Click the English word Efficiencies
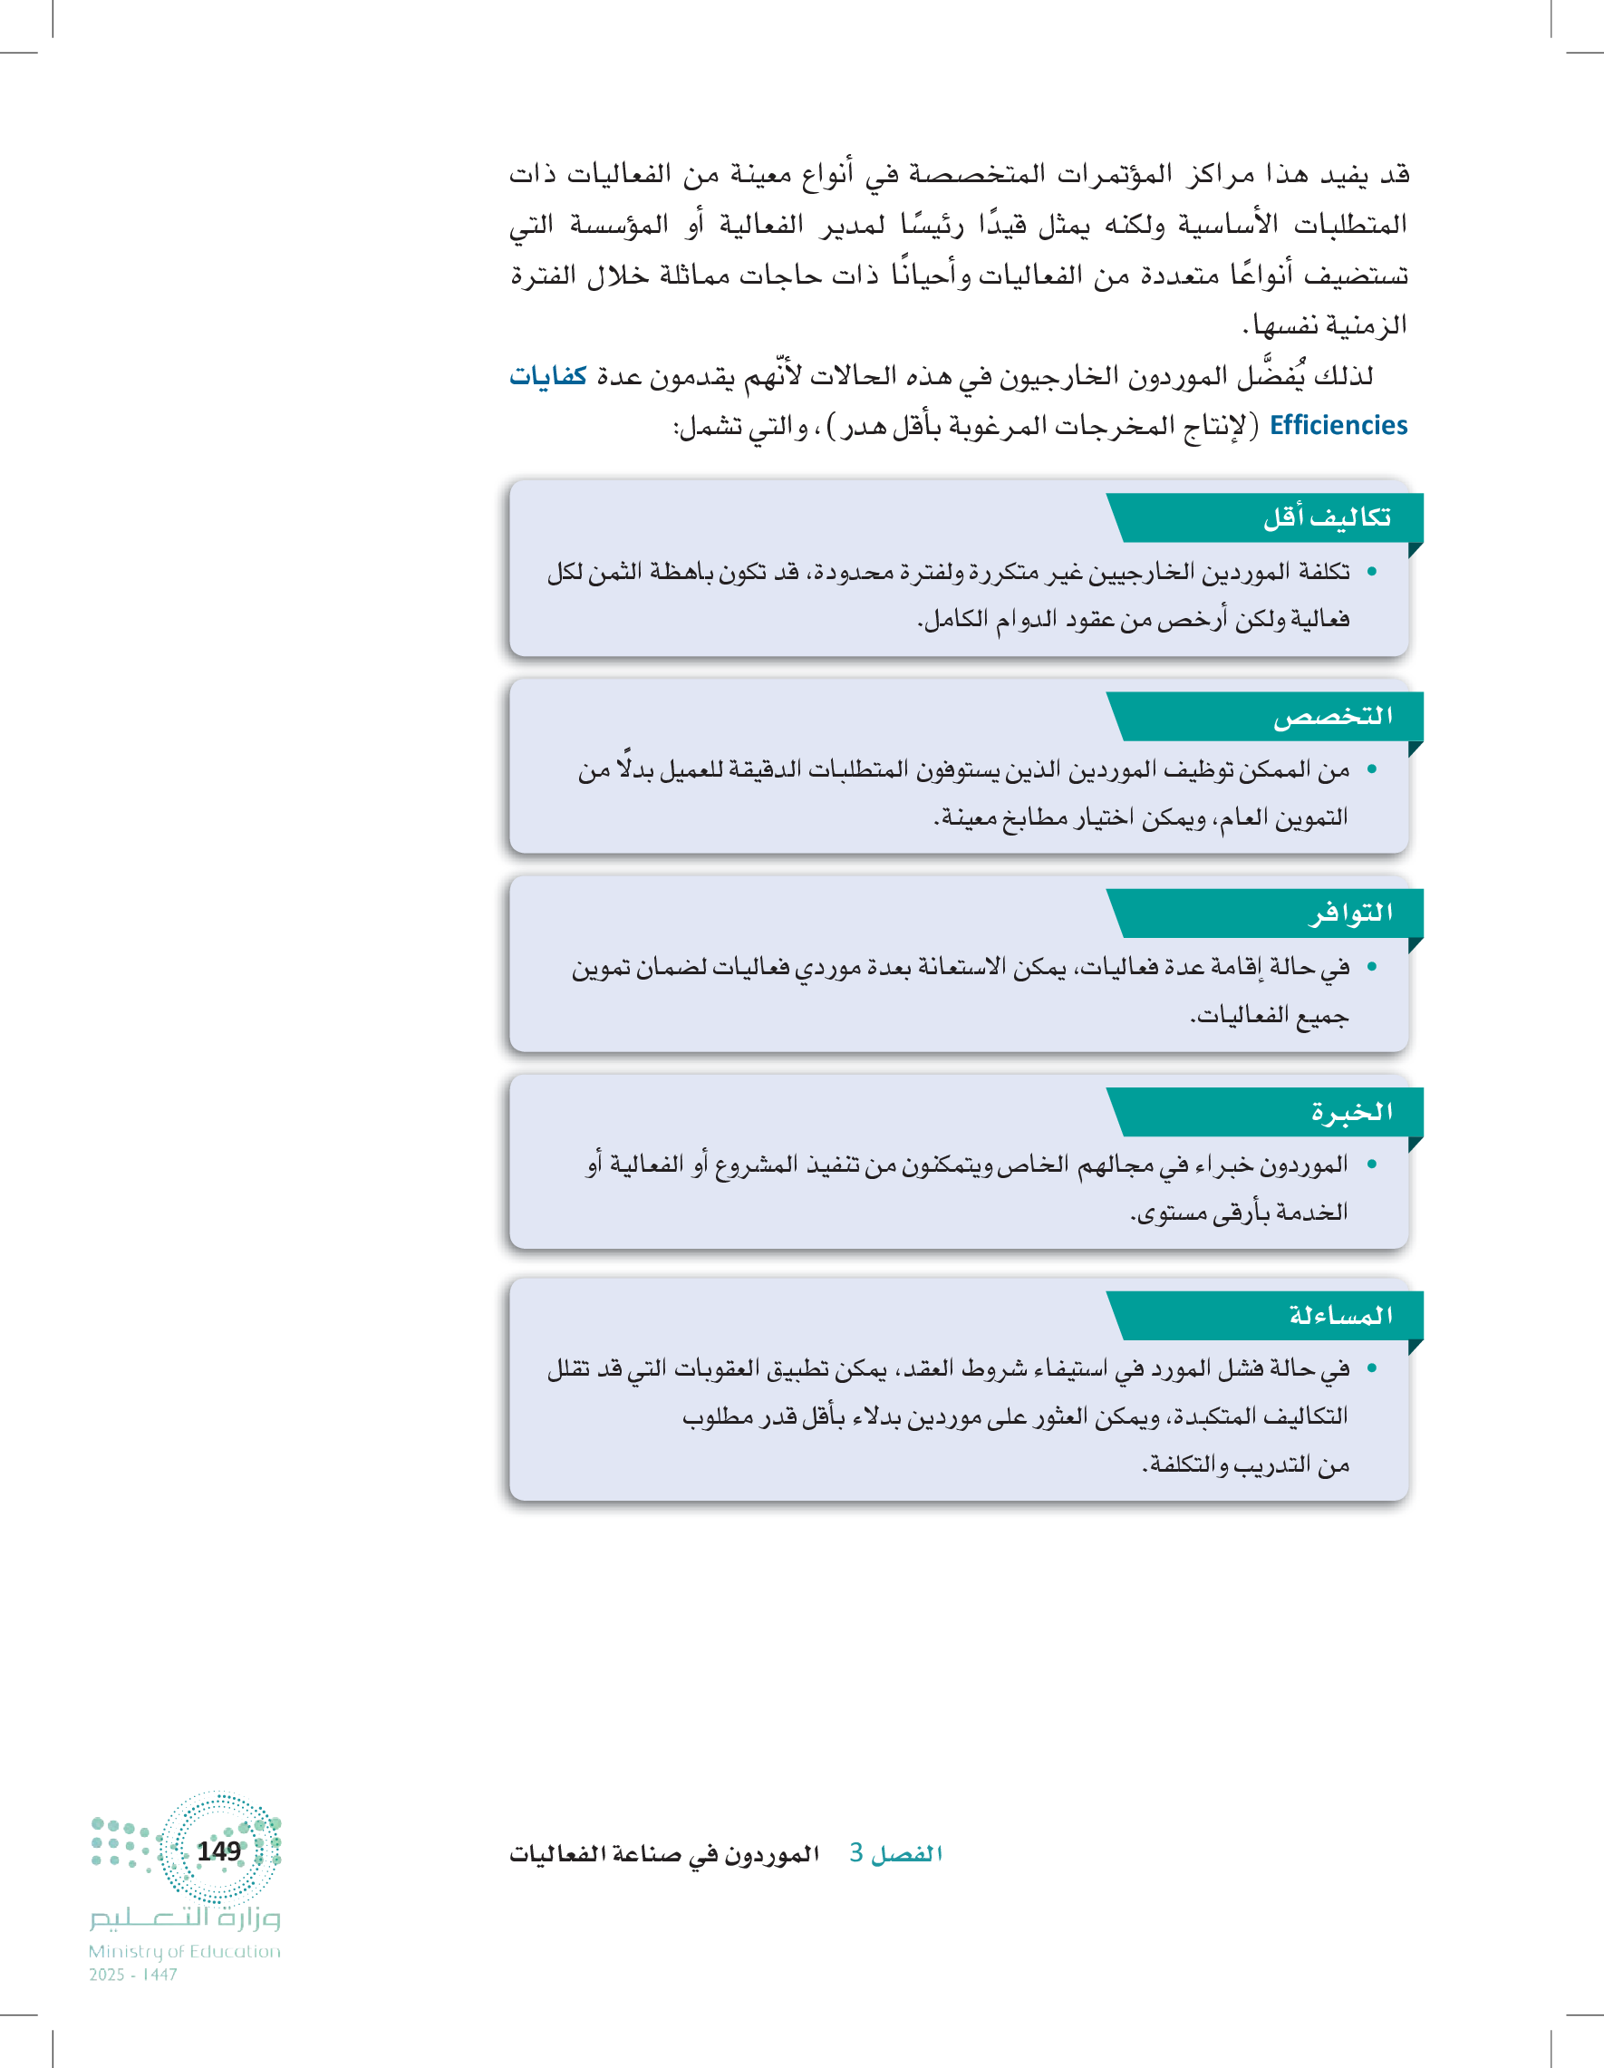1338,426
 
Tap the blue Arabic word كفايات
548,376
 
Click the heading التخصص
1332,717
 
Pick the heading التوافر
1350,913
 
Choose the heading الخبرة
1351,1112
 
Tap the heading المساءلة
1341,1315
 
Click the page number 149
218,1851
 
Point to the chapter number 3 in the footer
856,1853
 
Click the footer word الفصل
907,1854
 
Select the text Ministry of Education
185,1951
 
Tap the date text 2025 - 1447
132,1976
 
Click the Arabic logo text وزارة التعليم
186,1918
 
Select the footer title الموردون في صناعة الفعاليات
663,1854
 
